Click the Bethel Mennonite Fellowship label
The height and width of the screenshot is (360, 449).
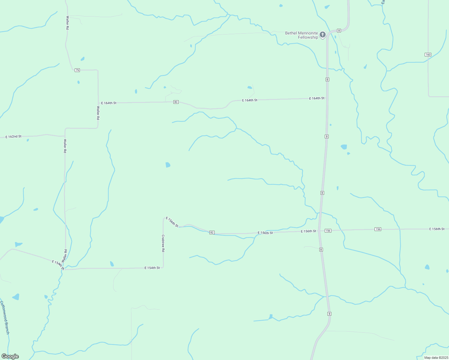(x=301, y=35)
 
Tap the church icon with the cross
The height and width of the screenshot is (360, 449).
(x=323, y=35)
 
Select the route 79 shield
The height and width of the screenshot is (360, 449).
(x=77, y=70)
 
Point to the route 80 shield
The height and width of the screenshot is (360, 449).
(x=176, y=102)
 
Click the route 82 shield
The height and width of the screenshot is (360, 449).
(x=212, y=232)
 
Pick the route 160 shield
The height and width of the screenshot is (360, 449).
(x=428, y=55)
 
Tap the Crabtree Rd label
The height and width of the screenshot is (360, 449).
(x=163, y=243)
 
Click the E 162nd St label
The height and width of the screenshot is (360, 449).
(x=14, y=136)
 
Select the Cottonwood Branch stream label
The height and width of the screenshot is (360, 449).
(x=5, y=318)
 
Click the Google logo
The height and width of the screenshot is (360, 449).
(x=10, y=356)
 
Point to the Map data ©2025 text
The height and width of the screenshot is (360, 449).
(x=436, y=358)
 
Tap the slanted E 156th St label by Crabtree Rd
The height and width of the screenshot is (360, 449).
(x=172, y=222)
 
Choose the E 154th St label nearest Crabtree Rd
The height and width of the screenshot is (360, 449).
(x=152, y=268)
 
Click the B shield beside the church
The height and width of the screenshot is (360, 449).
(x=339, y=30)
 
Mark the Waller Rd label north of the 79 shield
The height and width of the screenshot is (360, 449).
(x=67, y=22)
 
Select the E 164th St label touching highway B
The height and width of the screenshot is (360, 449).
(x=317, y=98)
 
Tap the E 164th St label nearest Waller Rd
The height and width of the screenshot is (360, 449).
(x=109, y=103)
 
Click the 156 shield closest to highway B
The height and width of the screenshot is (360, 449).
(x=328, y=231)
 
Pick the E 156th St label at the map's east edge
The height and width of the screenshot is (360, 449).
(x=437, y=229)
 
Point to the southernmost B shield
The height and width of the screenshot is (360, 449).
(x=329, y=314)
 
